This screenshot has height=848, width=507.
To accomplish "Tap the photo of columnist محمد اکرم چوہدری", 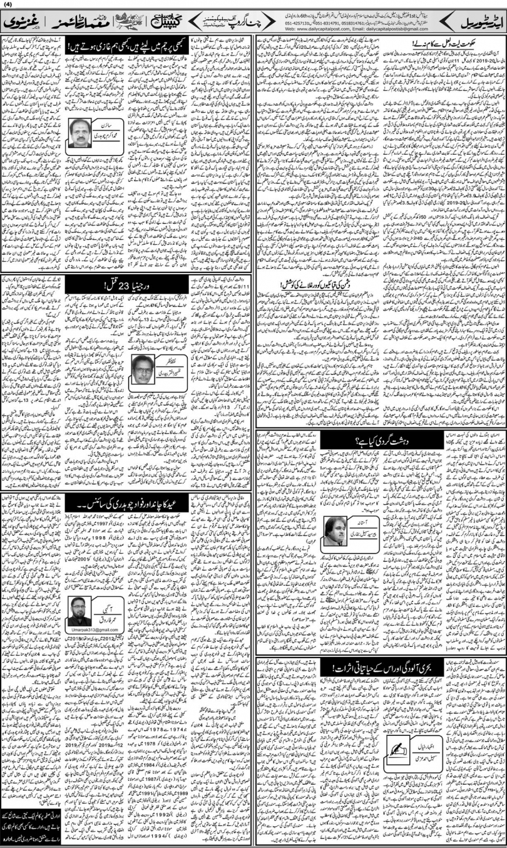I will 82,132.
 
